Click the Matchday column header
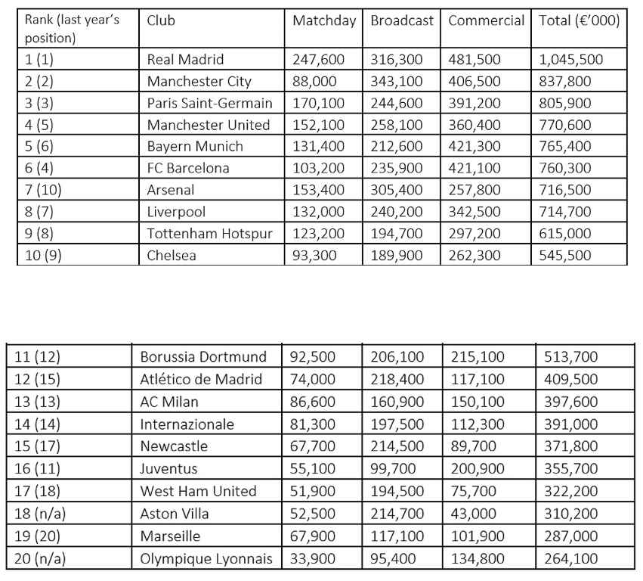tap(323, 21)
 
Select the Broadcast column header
tap(402, 21)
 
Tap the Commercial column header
tap(486, 21)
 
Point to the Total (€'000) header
tap(580, 21)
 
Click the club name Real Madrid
tap(185, 60)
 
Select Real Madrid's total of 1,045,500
tap(571, 60)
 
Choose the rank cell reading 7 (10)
tap(43, 190)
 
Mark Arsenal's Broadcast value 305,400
tap(397, 190)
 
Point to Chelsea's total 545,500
tap(565, 256)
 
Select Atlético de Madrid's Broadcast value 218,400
tap(397, 379)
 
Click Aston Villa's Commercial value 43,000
tap(473, 514)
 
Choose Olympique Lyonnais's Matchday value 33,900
tap(313, 560)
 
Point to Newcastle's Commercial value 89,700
tap(473, 447)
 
